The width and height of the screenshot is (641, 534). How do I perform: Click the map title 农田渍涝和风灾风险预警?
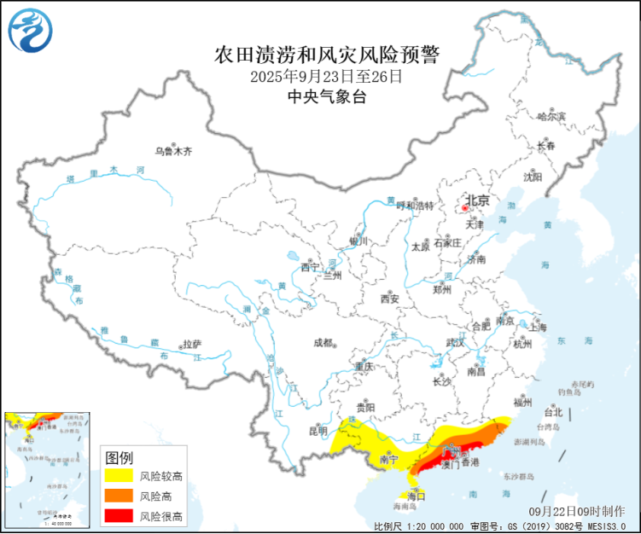(x=326, y=56)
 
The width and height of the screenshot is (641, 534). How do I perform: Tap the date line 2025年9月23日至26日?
(x=326, y=77)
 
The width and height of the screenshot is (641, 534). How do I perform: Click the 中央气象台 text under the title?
(x=326, y=97)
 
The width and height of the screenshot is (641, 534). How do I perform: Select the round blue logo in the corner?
(x=30, y=30)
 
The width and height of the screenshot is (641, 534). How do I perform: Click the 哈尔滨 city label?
(x=552, y=116)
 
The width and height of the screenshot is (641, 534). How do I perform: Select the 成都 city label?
(x=323, y=343)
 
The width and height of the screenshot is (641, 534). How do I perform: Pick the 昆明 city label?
(x=317, y=432)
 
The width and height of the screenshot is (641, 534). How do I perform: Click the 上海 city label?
(x=538, y=327)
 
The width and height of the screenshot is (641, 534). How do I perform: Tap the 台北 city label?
(x=553, y=413)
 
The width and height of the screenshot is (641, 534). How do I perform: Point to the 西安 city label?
(x=390, y=299)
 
